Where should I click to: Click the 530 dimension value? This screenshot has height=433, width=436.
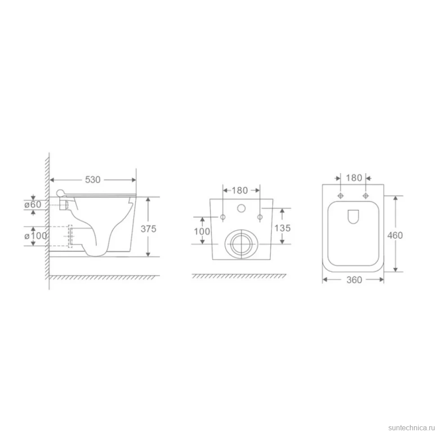pyautogui.click(x=93, y=180)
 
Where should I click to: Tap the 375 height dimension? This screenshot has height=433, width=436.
pyautogui.click(x=148, y=229)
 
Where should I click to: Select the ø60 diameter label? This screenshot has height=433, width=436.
pyautogui.click(x=33, y=204)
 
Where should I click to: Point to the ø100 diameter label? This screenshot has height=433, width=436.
pyautogui.click(x=36, y=236)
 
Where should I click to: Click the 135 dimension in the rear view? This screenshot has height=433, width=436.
pyautogui.click(x=283, y=228)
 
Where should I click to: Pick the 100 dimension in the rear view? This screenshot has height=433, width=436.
pyautogui.click(x=202, y=231)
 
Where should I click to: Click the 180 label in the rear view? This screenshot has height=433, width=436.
pyautogui.click(x=240, y=190)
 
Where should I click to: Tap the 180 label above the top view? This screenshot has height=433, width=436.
pyautogui.click(x=354, y=178)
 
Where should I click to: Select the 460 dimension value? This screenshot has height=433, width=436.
pyautogui.click(x=395, y=235)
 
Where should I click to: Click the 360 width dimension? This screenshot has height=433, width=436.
pyautogui.click(x=354, y=280)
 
